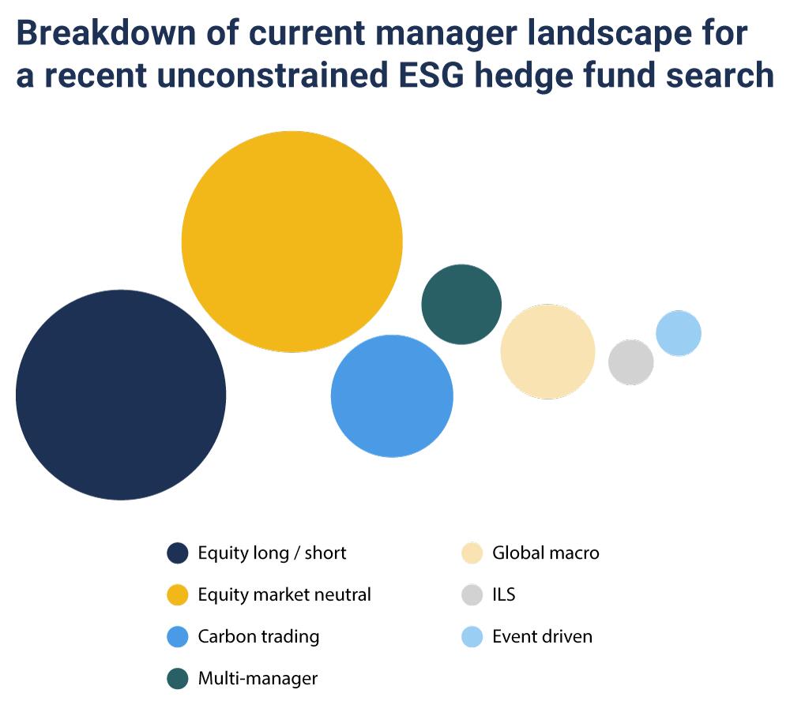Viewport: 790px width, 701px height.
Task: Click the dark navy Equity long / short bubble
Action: tap(121, 395)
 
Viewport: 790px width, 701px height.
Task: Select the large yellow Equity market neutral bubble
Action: tap(292, 242)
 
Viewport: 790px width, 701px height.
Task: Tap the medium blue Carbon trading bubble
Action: tap(392, 395)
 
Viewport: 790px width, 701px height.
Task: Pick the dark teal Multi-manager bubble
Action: tap(461, 304)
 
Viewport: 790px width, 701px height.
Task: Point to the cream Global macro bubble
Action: tap(547, 351)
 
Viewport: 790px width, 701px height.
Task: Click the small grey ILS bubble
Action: tap(630, 362)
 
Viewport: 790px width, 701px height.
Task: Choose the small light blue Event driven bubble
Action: tap(679, 333)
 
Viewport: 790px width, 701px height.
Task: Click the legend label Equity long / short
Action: tap(272, 553)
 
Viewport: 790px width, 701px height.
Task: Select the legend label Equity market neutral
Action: tap(284, 594)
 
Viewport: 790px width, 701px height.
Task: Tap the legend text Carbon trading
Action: tap(258, 636)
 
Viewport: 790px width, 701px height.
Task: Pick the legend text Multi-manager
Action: tap(258, 678)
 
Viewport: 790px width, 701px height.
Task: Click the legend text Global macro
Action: tap(546, 553)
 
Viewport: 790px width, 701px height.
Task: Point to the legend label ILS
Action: tap(504, 594)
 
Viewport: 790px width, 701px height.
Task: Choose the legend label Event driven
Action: tap(542, 636)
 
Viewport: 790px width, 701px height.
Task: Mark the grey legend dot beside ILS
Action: tap(472, 594)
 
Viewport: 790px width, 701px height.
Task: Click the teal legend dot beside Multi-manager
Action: tap(177, 678)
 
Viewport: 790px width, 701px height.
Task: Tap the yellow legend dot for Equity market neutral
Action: tap(177, 594)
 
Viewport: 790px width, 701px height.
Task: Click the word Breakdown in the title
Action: tap(107, 33)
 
